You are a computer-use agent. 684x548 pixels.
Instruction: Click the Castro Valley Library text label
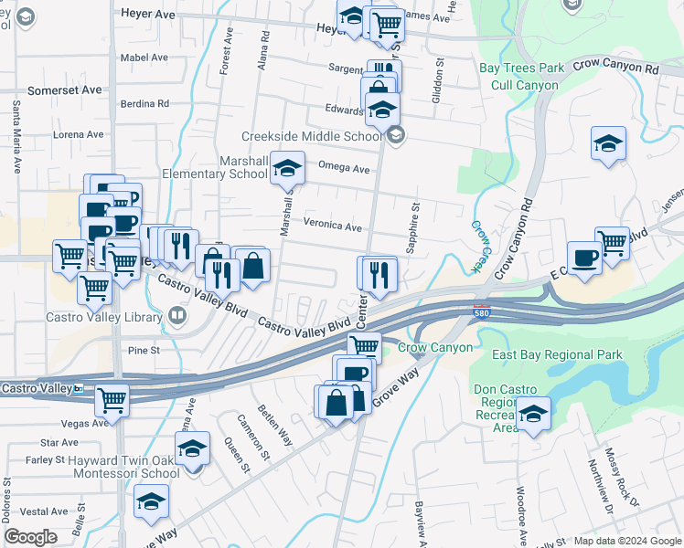[x=102, y=318]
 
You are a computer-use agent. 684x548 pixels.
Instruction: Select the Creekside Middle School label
[x=311, y=136]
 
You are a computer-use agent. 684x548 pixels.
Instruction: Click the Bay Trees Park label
[x=522, y=68]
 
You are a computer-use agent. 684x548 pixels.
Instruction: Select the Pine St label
[x=144, y=350]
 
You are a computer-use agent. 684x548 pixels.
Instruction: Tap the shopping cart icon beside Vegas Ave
[x=112, y=398]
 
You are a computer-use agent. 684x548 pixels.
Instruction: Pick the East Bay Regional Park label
[x=557, y=354]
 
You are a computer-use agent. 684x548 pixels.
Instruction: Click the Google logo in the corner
[x=30, y=537]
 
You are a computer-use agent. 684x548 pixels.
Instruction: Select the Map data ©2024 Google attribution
[x=626, y=541]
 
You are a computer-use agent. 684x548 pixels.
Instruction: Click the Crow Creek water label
[x=476, y=246]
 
